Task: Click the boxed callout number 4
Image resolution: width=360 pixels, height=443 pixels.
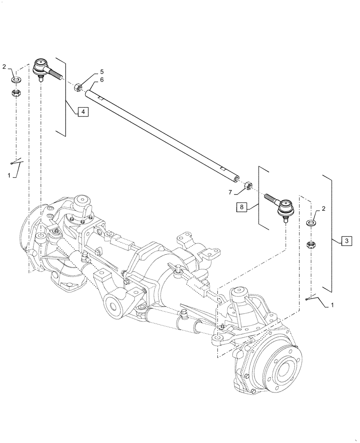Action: pyautogui.click(x=83, y=112)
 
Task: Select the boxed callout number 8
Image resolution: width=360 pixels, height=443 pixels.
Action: pyautogui.click(x=240, y=206)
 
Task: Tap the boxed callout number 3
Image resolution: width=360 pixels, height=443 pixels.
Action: pyautogui.click(x=347, y=241)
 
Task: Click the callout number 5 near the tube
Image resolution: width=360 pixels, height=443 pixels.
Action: pyautogui.click(x=102, y=72)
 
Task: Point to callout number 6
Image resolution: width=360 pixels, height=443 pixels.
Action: pyautogui.click(x=102, y=79)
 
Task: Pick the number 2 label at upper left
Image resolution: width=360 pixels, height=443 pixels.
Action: pyautogui.click(x=4, y=67)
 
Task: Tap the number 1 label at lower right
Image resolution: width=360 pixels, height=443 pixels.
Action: pyautogui.click(x=333, y=306)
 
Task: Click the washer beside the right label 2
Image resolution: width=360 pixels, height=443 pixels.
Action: pyautogui.click(x=311, y=222)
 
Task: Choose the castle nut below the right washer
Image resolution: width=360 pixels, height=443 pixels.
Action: pyautogui.click(x=311, y=244)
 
